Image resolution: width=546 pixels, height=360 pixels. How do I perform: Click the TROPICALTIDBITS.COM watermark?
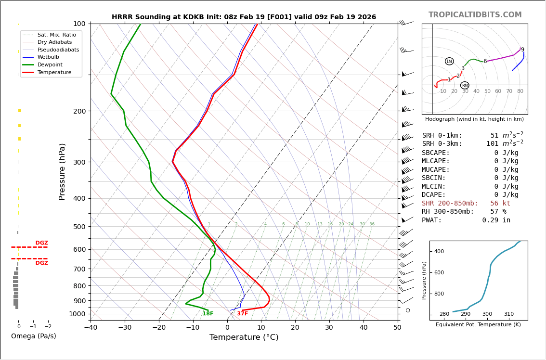click(x=475, y=15)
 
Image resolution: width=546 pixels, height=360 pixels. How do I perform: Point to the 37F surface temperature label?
click(x=242, y=314)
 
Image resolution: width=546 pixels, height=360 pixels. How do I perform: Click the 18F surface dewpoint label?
click(x=208, y=314)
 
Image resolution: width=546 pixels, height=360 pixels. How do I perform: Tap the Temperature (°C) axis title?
click(x=244, y=337)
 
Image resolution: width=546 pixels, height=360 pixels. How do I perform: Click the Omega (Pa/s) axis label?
click(x=33, y=336)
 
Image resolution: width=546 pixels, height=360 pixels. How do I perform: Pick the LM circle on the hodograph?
click(x=449, y=61)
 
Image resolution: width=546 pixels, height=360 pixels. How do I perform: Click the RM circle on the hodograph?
click(x=465, y=86)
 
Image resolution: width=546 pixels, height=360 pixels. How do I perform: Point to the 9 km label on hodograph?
click(x=522, y=50)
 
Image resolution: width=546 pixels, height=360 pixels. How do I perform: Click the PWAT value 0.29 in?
click(x=496, y=220)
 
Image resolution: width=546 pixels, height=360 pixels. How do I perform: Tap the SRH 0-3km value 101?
click(x=493, y=144)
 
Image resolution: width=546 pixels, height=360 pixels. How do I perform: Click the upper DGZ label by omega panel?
click(x=41, y=243)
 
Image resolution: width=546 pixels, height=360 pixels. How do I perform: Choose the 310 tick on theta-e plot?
click(x=508, y=314)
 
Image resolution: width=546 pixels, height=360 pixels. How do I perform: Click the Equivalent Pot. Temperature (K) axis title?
click(x=478, y=325)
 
